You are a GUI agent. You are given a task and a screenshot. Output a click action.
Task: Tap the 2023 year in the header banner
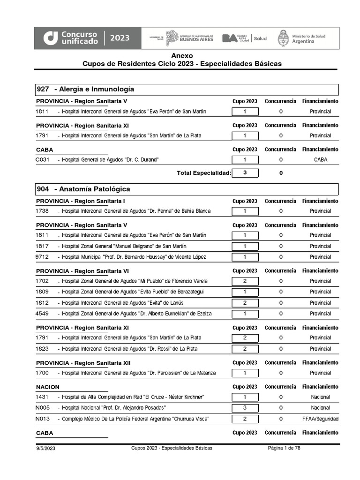pyautogui.click(x=120, y=38)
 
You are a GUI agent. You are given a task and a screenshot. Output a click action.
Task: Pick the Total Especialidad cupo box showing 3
pyautogui.click(x=245, y=172)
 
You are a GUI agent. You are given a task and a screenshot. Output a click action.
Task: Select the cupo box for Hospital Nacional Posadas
pyautogui.click(x=245, y=408)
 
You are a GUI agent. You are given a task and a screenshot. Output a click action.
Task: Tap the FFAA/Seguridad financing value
pyautogui.click(x=320, y=419)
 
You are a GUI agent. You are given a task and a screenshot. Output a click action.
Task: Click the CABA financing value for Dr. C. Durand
pyautogui.click(x=320, y=160)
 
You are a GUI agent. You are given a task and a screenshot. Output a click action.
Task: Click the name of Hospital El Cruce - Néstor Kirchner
pyautogui.click(x=133, y=397)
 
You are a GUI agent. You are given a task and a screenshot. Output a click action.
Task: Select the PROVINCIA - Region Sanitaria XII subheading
pyautogui.click(x=83, y=363)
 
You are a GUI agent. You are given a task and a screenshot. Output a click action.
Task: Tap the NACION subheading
pyautogui.click(x=48, y=387)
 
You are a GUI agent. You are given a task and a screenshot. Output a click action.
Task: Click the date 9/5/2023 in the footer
pyautogui.click(x=46, y=449)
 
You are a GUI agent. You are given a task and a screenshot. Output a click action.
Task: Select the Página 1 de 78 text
pyautogui.click(x=284, y=448)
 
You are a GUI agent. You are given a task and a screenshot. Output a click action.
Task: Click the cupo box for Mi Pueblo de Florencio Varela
pyautogui.click(x=245, y=281)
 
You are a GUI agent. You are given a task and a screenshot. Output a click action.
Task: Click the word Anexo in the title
pyautogui.click(x=182, y=56)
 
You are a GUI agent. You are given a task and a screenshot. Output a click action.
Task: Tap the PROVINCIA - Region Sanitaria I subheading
pyautogui.click(x=81, y=201)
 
